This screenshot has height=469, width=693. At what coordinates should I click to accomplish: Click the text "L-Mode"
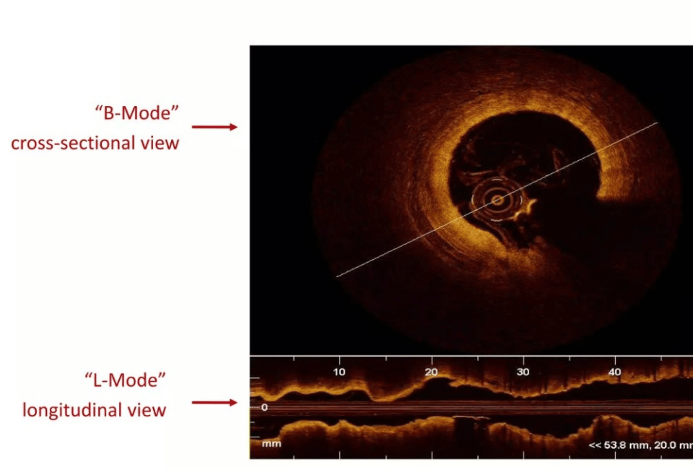(125, 380)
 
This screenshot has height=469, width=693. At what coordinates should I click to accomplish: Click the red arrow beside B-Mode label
(214, 127)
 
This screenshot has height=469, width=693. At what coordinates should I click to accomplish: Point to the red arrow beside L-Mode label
(214, 403)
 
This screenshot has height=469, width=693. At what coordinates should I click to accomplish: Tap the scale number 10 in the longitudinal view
(339, 372)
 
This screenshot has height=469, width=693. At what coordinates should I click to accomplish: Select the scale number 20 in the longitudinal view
(431, 372)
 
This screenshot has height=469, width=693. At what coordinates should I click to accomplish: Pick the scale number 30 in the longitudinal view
(523, 372)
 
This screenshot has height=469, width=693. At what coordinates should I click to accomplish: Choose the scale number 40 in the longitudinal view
(615, 372)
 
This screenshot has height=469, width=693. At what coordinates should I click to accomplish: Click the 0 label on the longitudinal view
(264, 407)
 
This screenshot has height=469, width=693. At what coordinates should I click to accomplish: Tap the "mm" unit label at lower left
(271, 444)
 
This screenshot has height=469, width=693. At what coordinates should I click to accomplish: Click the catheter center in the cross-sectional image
(497, 201)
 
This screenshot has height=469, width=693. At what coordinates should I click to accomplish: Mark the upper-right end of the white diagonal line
(658, 123)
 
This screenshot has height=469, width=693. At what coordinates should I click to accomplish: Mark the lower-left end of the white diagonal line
(337, 277)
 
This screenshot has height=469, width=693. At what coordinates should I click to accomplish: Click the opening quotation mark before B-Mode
(99, 109)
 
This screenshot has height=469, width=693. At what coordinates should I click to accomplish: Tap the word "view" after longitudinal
(147, 411)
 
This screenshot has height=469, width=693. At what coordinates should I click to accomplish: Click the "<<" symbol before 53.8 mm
(595, 445)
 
